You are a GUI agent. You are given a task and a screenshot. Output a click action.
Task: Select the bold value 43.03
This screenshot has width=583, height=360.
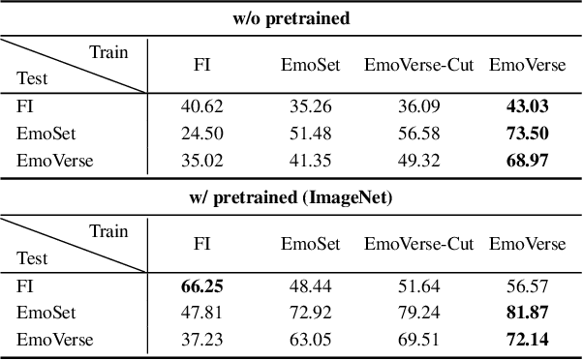coord(527,106)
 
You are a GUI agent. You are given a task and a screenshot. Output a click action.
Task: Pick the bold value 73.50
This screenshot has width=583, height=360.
coord(527,134)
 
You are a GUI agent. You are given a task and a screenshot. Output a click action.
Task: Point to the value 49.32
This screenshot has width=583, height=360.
coord(418,161)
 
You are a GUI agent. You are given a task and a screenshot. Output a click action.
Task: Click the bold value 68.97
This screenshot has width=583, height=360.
coord(527,161)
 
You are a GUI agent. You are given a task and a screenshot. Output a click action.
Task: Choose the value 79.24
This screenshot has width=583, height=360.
coord(418,313)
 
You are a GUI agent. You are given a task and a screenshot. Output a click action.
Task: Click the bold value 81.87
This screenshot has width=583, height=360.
coord(527,313)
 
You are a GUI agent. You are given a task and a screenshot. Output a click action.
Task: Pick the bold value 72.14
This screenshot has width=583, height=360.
coord(527,340)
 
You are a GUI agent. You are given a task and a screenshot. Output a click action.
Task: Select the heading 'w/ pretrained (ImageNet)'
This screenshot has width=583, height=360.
coord(291,199)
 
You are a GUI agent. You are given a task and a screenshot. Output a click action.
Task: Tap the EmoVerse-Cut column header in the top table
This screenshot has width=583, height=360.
coord(418,65)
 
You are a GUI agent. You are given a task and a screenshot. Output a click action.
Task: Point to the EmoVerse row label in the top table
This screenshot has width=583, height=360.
coord(54,161)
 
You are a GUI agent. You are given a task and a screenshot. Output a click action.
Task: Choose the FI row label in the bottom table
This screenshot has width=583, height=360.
coord(24,286)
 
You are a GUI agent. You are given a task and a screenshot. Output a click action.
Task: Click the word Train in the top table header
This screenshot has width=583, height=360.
coord(108,51)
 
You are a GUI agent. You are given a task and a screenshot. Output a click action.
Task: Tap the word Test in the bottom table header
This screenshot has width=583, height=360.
coord(32,258)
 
